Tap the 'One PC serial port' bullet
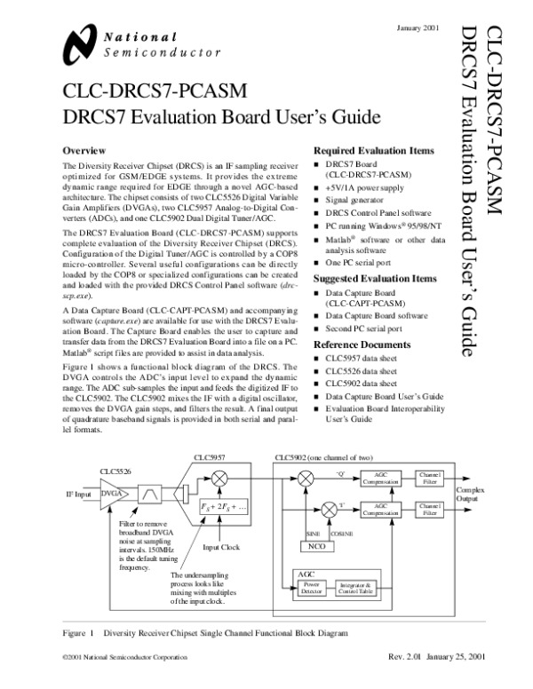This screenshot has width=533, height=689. click(x=357, y=265)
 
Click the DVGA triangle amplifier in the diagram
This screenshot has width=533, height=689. click(x=114, y=493)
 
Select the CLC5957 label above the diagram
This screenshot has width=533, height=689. click(x=211, y=456)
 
